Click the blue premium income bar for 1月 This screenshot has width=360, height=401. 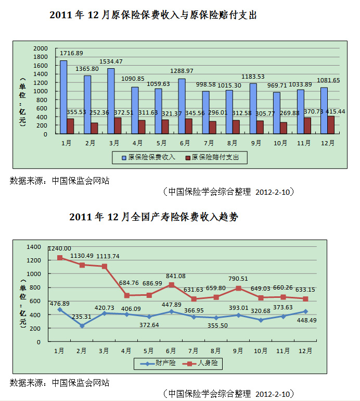pyautogui.click(x=63, y=97)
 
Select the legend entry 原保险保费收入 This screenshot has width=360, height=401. pyautogui.click(x=148, y=157)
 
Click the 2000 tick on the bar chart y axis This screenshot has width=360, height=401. pyautogui.click(x=41, y=48)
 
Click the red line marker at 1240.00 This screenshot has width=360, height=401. pyautogui.click(x=60, y=257)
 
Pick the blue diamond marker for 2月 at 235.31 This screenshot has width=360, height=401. pyautogui.click(x=82, y=326)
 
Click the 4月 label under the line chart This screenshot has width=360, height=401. pyautogui.click(x=126, y=350)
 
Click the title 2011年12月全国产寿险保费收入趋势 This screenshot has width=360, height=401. pyautogui.click(x=153, y=217)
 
